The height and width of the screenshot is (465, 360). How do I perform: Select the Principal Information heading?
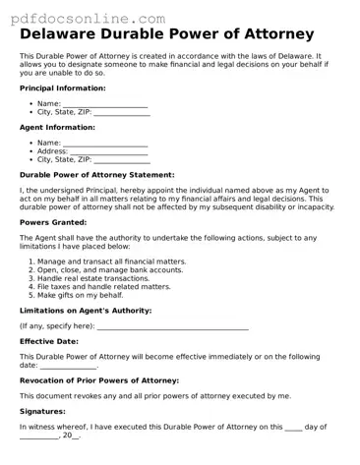[x=62, y=88]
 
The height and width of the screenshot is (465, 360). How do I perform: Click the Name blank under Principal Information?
[x=105, y=103]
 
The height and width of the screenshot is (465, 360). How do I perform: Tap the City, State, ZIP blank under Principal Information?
[x=122, y=112]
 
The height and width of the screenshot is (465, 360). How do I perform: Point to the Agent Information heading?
[x=57, y=128]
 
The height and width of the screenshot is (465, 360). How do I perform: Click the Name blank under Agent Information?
[x=105, y=143]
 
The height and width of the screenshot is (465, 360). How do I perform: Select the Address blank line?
[x=109, y=151]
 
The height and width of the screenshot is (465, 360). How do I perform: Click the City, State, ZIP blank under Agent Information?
[x=122, y=159]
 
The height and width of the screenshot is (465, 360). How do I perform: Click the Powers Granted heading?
[x=53, y=223]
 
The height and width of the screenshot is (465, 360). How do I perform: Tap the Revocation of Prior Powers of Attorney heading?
[x=99, y=379]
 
